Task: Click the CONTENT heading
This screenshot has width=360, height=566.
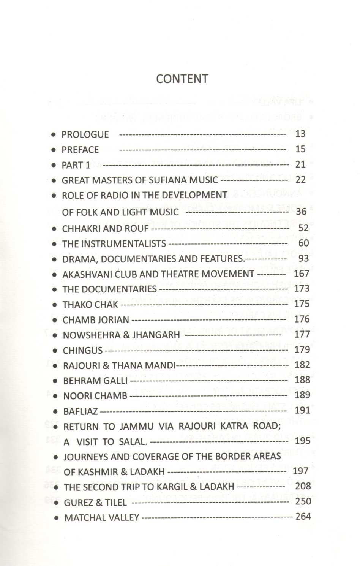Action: tap(182, 79)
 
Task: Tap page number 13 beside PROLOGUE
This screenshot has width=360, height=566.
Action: tap(300, 134)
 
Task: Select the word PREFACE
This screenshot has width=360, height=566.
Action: tap(80, 150)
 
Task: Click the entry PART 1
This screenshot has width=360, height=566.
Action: tap(76, 165)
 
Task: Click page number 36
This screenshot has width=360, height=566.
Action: tap(301, 212)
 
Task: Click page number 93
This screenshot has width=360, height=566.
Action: tap(303, 258)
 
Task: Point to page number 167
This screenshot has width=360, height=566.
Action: tap(302, 274)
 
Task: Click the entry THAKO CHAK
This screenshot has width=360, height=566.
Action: tap(90, 305)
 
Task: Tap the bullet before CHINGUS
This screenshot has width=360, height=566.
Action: tap(55, 351)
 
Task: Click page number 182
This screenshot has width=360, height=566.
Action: tap(302, 365)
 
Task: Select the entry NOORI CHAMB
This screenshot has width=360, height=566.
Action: tap(95, 396)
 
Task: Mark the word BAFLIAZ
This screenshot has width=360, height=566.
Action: tap(81, 411)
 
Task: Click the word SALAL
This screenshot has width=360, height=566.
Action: tap(132, 442)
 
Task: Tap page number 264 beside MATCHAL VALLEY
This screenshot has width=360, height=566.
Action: tap(303, 517)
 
